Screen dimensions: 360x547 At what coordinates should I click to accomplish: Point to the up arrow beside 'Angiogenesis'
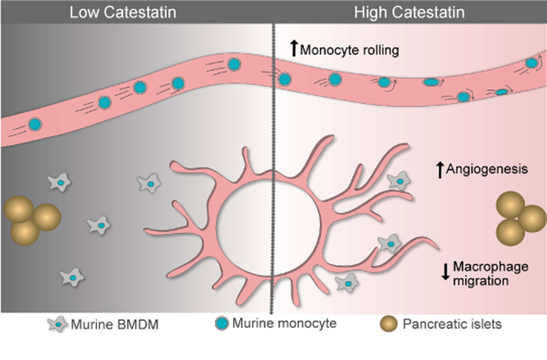[x=440, y=168]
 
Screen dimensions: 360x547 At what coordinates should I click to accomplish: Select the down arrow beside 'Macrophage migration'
[x=445, y=271]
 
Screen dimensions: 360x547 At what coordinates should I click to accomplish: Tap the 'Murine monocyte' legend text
[x=284, y=324]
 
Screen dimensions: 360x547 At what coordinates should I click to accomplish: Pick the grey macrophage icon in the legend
[x=58, y=325]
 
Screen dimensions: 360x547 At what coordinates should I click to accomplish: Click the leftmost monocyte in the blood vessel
[x=35, y=125]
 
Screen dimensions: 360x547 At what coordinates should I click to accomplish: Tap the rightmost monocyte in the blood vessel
[x=532, y=63]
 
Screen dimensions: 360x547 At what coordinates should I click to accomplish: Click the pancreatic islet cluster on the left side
[x=30, y=220]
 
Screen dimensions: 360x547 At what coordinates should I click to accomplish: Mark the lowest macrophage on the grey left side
[x=73, y=277]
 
